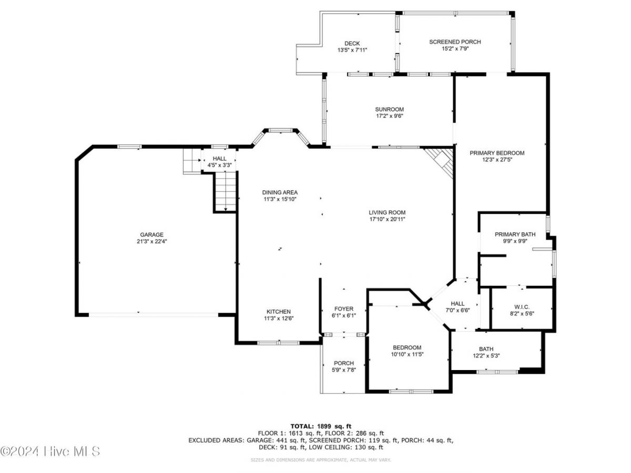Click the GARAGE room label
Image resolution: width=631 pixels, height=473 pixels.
pyautogui.click(x=151, y=234)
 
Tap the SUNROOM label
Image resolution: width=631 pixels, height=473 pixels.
pyautogui.click(x=389, y=109)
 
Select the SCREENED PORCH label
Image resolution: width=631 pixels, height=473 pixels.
pyautogui.click(x=455, y=42)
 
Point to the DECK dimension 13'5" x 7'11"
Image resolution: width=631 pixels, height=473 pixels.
pyautogui.click(x=352, y=50)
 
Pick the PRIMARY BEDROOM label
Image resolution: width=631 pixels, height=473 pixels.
pyautogui.click(x=497, y=153)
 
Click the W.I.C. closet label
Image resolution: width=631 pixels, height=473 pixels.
pyautogui.click(x=522, y=307)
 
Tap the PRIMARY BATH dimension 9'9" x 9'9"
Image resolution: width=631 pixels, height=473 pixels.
pyautogui.click(x=515, y=241)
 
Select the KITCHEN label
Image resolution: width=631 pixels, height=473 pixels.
pyautogui.click(x=278, y=312)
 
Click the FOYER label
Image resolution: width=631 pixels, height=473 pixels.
pyautogui.click(x=343, y=309)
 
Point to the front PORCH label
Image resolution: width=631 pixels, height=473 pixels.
pyautogui.click(x=343, y=363)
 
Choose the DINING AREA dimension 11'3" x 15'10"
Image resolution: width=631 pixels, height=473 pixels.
pyautogui.click(x=280, y=199)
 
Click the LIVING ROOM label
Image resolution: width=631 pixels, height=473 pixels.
pyautogui.click(x=387, y=212)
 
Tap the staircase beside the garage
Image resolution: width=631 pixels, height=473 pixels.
pyautogui.click(x=226, y=191)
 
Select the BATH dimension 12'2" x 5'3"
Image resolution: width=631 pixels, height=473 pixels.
pyautogui.click(x=486, y=356)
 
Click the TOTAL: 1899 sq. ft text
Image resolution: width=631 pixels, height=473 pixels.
pyautogui.click(x=321, y=426)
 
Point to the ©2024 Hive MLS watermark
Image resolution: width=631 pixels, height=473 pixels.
pyautogui.click(x=50, y=451)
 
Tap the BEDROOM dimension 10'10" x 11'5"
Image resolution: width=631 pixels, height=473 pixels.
pyautogui.click(x=407, y=354)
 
